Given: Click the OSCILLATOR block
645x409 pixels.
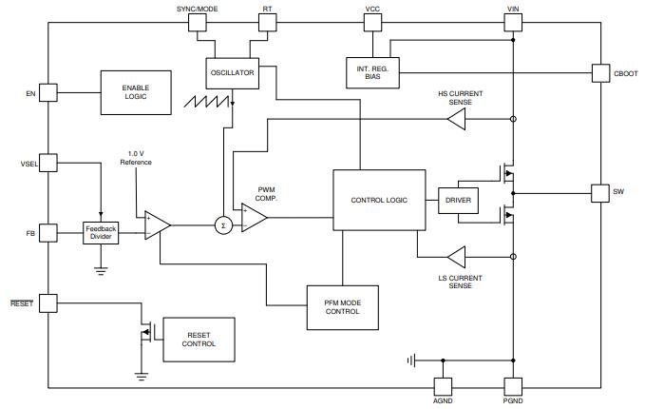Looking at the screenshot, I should (233, 71).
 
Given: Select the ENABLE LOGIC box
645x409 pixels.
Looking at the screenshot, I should (136, 91).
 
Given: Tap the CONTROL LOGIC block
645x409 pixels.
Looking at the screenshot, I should (379, 201).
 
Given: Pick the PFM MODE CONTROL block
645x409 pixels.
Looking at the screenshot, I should (342, 306).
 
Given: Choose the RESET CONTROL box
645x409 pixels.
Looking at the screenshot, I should (199, 339).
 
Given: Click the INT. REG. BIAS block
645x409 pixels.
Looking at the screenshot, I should (372, 71).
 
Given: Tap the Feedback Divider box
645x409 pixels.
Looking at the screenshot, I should (102, 231).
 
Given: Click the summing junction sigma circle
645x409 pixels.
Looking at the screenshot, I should (223, 225).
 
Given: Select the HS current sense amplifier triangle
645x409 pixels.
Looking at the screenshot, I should (457, 119).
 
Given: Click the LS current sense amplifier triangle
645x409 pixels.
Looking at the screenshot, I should (457, 257).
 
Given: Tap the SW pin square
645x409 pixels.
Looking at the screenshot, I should (598, 192).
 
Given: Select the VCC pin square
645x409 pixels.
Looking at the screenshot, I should (372, 24).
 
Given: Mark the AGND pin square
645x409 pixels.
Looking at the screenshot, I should (442, 386).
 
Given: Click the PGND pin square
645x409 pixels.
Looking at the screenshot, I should (513, 386).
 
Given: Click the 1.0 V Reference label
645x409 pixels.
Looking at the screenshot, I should (136, 157).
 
